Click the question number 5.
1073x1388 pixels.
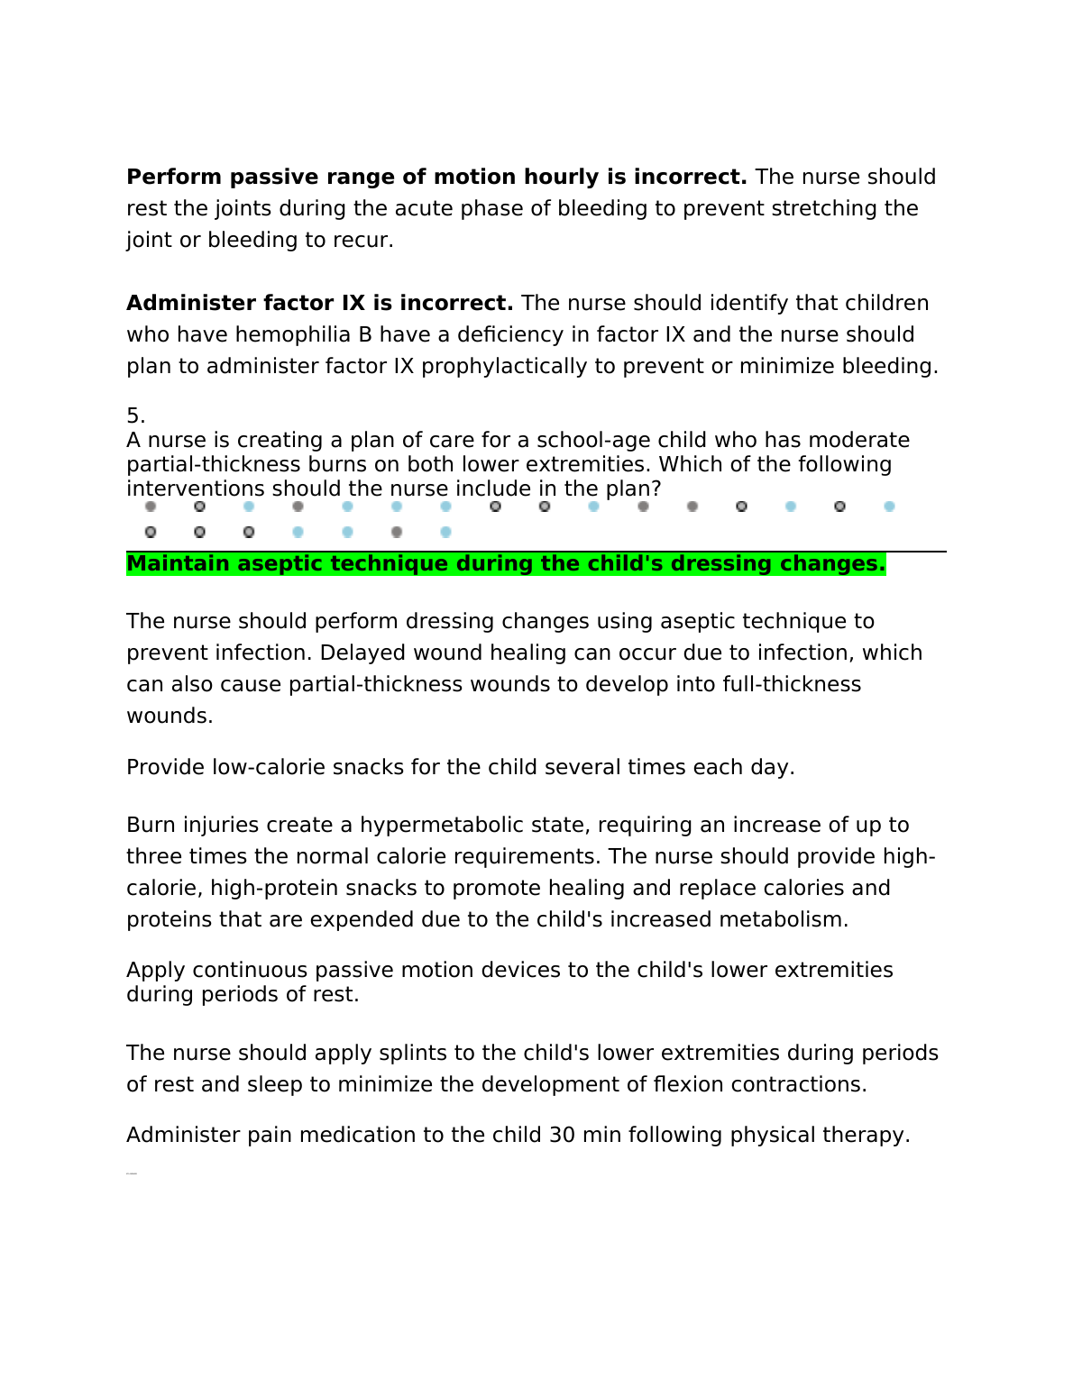tap(135, 415)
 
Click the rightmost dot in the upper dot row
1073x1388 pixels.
tap(889, 507)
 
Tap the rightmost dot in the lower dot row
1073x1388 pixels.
tap(445, 532)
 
